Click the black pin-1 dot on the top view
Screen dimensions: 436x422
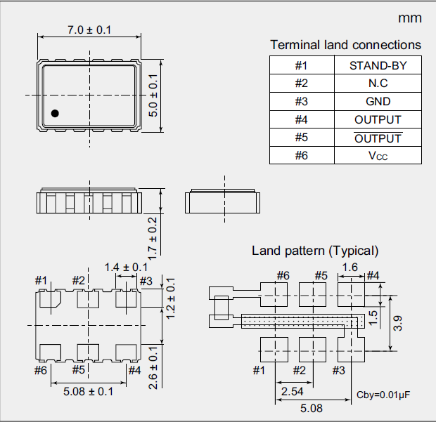(55, 113)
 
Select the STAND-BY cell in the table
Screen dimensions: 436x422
(378, 65)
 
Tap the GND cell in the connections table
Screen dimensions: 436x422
(378, 101)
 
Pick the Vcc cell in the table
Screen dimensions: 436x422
(378, 155)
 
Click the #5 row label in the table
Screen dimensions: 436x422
(302, 138)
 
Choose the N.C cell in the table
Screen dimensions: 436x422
(378, 84)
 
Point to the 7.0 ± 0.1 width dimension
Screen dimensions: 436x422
(89, 30)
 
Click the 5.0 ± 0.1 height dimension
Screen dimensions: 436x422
(153, 95)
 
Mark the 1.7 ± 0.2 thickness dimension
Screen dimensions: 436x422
(153, 239)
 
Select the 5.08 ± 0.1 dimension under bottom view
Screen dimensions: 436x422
(88, 392)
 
